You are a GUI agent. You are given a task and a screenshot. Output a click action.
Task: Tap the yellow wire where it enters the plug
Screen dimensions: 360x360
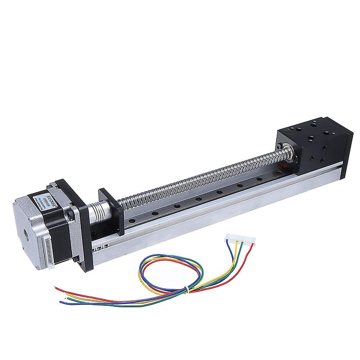coord(237,244)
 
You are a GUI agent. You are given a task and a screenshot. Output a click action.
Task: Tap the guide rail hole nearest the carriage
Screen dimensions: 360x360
coord(258,178)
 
